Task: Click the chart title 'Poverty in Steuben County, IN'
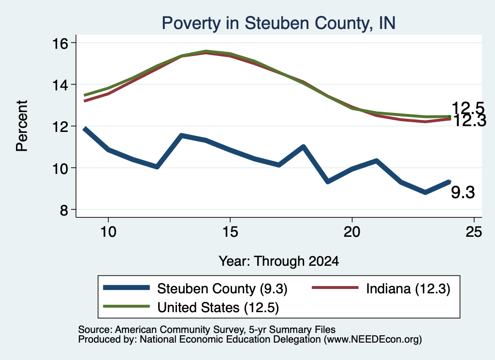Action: (278, 23)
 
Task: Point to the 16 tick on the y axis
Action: (60, 43)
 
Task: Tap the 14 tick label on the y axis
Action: (60, 85)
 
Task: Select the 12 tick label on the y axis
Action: (60, 127)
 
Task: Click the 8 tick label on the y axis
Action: (64, 210)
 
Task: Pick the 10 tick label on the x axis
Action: (108, 232)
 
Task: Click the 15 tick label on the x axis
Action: (230, 232)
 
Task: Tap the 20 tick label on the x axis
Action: (352, 232)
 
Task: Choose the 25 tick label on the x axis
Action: (474, 232)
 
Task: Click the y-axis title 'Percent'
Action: (22, 126)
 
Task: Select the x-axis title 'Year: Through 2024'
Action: (279, 261)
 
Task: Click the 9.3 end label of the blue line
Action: (463, 192)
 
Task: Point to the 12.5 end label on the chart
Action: (468, 108)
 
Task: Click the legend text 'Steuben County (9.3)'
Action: (222, 288)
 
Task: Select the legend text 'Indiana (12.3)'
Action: (408, 288)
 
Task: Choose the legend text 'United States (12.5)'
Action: (218, 308)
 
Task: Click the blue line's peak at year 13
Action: (182, 136)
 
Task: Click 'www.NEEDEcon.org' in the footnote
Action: (373, 340)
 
